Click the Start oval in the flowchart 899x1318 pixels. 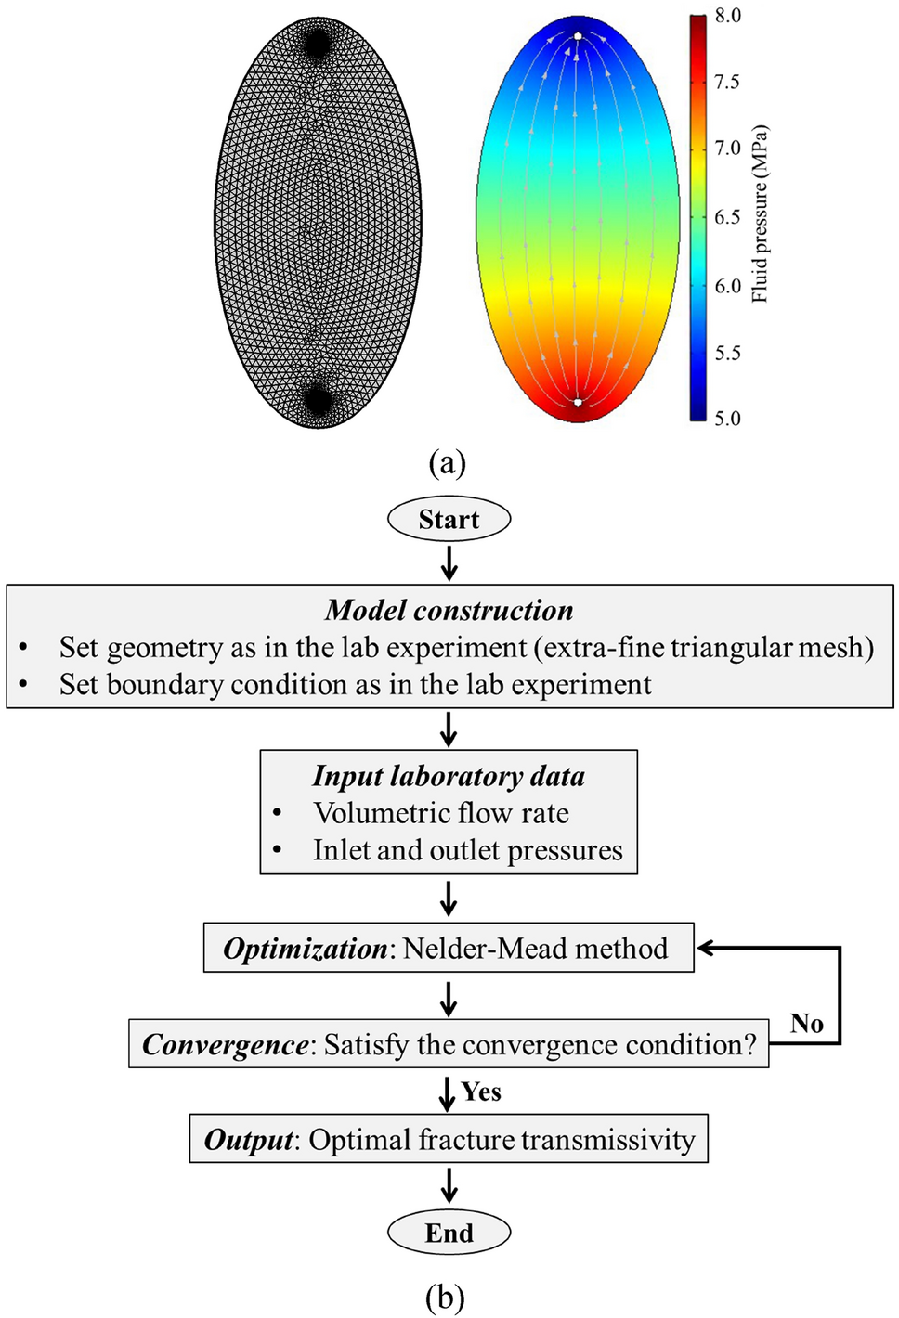coord(449,519)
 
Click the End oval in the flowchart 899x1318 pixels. coord(449,1233)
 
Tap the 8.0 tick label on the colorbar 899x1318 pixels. coord(727,16)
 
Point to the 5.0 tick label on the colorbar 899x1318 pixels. coord(727,418)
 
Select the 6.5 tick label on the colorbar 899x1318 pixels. coord(727,216)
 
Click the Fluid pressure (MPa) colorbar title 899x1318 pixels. coord(761,213)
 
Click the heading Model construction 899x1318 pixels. coord(449,610)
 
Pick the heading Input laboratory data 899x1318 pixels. coord(449,775)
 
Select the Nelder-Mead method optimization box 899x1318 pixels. coord(448,948)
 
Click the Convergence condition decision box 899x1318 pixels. coord(449,1044)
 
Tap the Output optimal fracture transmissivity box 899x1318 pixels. coord(449,1139)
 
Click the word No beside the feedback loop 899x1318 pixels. coord(806,1023)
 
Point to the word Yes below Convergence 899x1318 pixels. coord(481,1092)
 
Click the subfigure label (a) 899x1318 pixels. coord(447,461)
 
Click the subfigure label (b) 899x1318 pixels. coord(445,1297)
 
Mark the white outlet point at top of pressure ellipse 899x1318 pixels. coord(578,36)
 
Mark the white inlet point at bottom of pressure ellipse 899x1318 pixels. coord(578,402)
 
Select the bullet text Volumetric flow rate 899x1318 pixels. coord(441,813)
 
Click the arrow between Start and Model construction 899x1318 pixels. coord(449,562)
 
